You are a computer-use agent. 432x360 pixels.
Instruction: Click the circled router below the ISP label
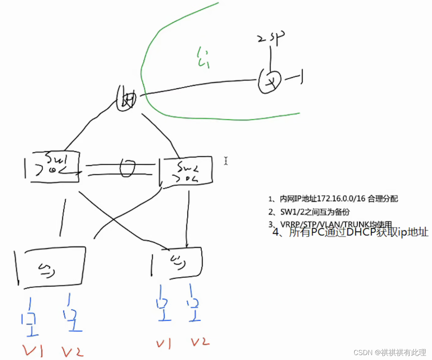pyautogui.click(x=270, y=80)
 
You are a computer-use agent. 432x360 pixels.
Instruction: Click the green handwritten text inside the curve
pyautogui.click(x=203, y=58)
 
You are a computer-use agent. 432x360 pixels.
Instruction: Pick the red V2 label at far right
pyautogui.click(x=200, y=342)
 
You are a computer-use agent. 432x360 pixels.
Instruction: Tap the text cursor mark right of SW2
pyautogui.click(x=226, y=161)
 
